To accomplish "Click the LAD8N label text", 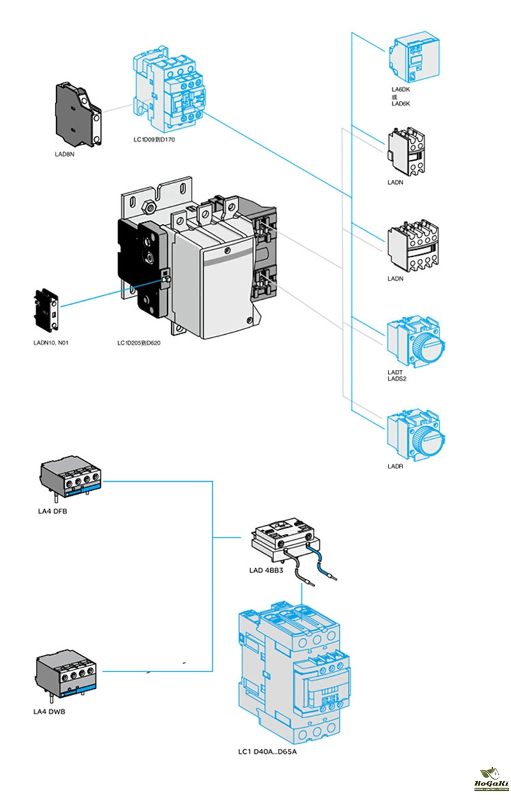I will (x=65, y=154).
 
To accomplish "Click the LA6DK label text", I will (x=400, y=89).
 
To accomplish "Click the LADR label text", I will (x=395, y=467).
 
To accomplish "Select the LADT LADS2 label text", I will (x=397, y=375).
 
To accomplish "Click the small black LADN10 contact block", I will (x=47, y=311).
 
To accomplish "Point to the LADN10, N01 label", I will (x=51, y=343).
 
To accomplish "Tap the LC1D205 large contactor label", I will (x=139, y=343).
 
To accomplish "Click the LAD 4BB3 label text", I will (x=266, y=569).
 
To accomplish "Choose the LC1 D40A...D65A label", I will (x=268, y=751).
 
